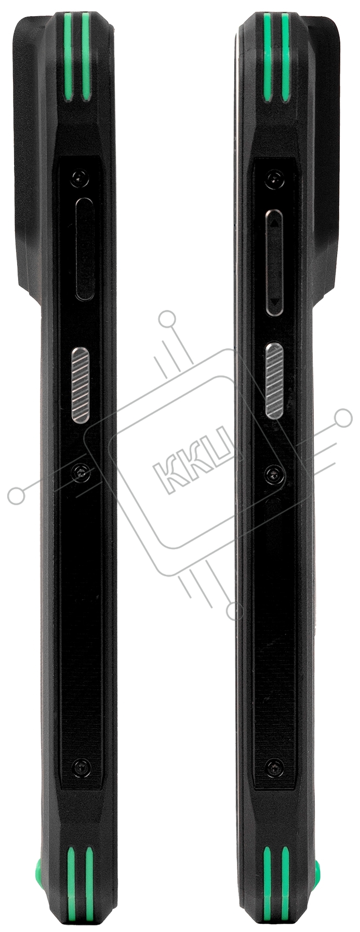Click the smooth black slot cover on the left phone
pos(84,249)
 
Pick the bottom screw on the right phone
pos(274,766)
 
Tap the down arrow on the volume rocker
pos(274,301)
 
